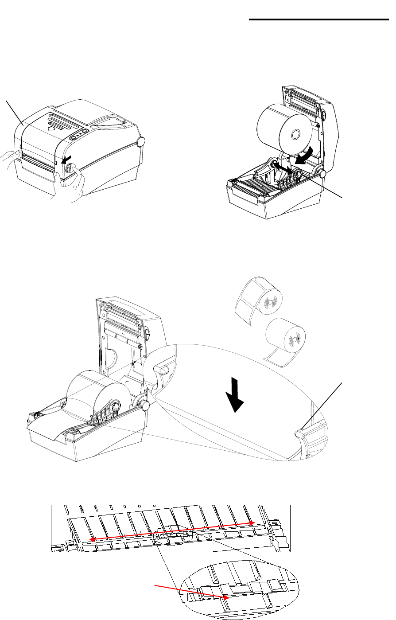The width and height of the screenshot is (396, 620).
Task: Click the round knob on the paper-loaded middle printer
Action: pos(144,405)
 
